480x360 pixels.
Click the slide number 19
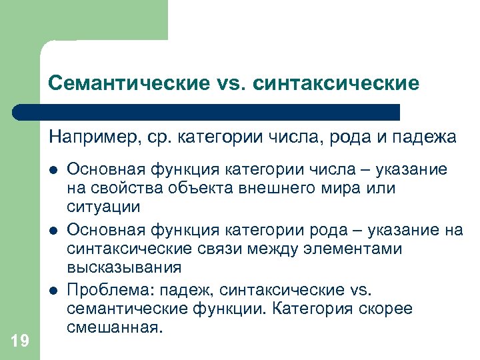20,341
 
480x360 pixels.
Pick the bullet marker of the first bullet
52,171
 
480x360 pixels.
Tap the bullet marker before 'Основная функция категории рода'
52,231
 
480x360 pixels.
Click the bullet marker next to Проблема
52,291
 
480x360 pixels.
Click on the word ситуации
103,207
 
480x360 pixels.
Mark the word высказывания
124,267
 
